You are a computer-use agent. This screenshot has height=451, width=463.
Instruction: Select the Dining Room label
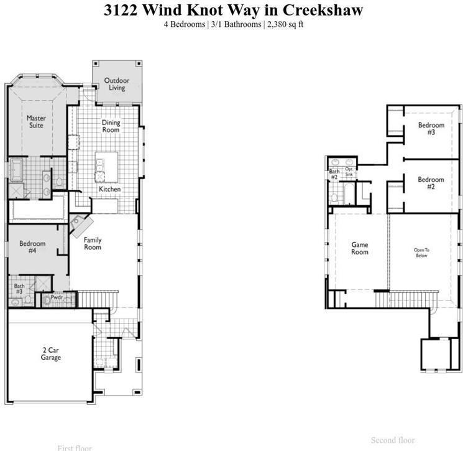[x=111, y=126]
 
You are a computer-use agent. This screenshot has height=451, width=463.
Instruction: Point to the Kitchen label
[x=110, y=189]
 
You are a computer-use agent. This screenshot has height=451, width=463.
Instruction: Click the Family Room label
[x=93, y=243]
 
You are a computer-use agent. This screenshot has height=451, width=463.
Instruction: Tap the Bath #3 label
[x=19, y=289]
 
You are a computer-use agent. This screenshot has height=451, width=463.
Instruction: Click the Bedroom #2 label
[x=431, y=184]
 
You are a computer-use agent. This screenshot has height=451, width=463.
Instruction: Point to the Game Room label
[x=360, y=248]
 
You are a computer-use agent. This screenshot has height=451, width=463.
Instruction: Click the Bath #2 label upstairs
[x=334, y=174]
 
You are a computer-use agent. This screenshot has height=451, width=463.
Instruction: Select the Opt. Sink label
[x=349, y=172]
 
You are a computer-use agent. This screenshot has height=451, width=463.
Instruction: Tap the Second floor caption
[x=392, y=440]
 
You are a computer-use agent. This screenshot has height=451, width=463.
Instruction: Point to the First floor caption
[x=75, y=447]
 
